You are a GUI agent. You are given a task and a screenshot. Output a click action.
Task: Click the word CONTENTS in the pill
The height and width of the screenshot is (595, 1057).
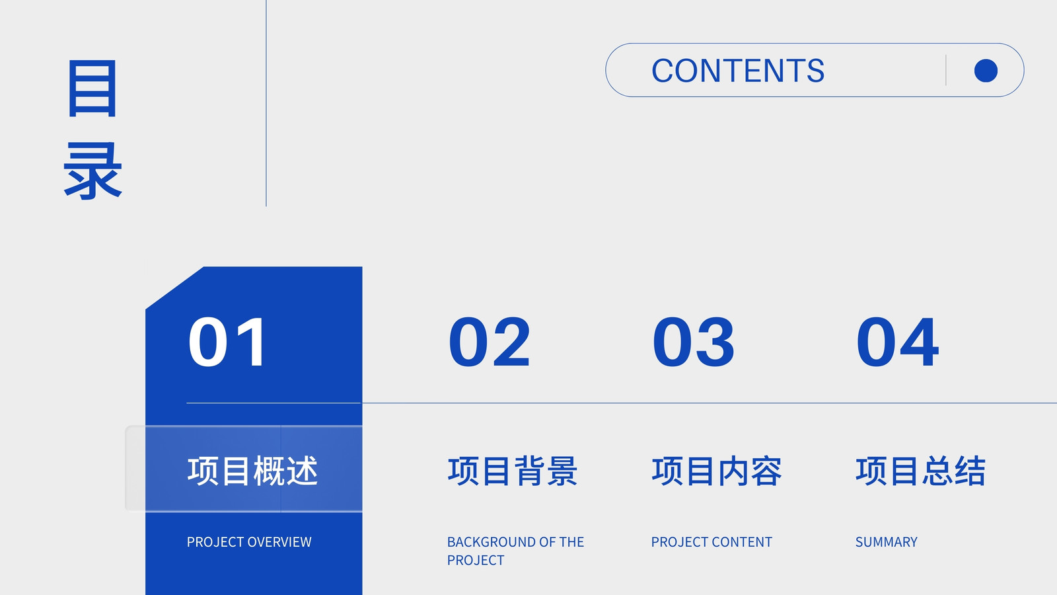pyautogui.click(x=738, y=70)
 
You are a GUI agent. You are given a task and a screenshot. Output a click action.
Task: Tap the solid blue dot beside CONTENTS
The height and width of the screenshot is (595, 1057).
pyautogui.click(x=986, y=71)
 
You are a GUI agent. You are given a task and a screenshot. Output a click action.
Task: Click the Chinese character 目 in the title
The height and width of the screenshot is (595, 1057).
pyautogui.click(x=92, y=89)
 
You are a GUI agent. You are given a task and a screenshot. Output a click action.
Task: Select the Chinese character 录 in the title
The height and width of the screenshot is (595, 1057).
pyautogui.click(x=92, y=170)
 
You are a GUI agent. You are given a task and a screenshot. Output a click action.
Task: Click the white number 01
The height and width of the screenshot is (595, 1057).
pyautogui.click(x=227, y=342)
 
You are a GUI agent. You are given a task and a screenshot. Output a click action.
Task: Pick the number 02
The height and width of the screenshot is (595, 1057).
pyautogui.click(x=490, y=342)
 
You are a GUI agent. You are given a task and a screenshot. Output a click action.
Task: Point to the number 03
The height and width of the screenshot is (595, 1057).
pyautogui.click(x=693, y=342)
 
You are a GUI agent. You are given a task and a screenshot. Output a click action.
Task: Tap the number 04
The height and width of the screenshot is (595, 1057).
pyautogui.click(x=898, y=342)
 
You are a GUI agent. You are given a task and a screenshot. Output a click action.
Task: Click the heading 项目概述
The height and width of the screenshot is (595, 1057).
pyautogui.click(x=252, y=471)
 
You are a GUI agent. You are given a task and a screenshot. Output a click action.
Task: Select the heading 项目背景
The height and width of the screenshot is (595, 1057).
pyautogui.click(x=513, y=471)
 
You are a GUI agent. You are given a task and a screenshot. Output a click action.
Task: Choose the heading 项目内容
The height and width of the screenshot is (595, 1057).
pyautogui.click(x=717, y=471)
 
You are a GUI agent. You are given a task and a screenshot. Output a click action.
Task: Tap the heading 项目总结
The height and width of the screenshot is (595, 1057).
pyautogui.click(x=921, y=471)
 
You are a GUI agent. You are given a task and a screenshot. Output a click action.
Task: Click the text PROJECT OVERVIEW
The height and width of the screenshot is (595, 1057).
pyautogui.click(x=249, y=541)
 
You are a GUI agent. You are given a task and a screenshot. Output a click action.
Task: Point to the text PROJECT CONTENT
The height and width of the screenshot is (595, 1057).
pyautogui.click(x=711, y=541)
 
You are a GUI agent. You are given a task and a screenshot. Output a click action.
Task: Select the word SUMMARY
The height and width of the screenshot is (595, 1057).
pyautogui.click(x=886, y=541)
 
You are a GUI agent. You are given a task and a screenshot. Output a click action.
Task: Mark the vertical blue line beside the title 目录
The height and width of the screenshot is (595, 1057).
pyautogui.click(x=266, y=103)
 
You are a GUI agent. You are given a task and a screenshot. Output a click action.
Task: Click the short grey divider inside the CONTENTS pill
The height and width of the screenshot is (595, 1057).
pyautogui.click(x=946, y=70)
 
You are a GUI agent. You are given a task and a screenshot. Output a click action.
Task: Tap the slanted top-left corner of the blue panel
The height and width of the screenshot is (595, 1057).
pyautogui.click(x=174, y=288)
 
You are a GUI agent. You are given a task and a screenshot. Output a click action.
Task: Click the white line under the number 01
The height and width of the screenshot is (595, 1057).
pyautogui.click(x=273, y=403)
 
